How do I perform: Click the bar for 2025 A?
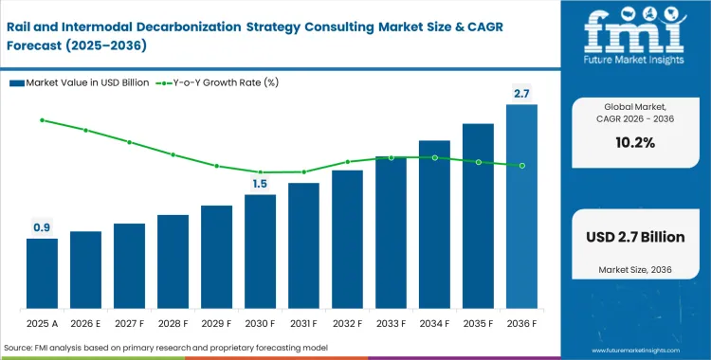point(42,275)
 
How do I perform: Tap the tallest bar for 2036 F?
point(521,207)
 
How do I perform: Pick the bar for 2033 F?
point(391,234)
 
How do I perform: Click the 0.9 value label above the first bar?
point(42,227)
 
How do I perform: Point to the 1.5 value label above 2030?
point(260,184)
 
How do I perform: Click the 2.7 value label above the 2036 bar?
point(521,93)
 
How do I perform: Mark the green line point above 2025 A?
point(42,120)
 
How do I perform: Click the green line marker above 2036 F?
point(521,166)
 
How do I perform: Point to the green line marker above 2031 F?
point(303,171)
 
